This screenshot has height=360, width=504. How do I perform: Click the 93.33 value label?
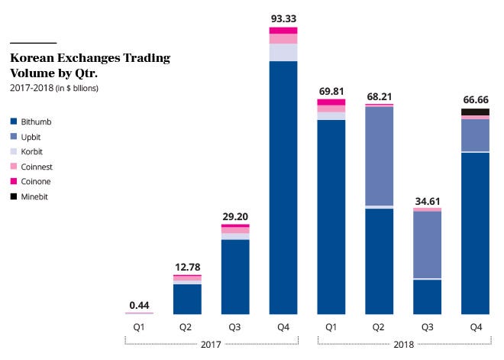click(x=283, y=18)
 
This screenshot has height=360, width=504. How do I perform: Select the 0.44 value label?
click(x=139, y=304)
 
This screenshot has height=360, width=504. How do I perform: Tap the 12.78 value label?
click(x=187, y=266)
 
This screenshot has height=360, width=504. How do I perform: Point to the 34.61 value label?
click(x=427, y=201)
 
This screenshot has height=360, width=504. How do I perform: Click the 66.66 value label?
click(x=475, y=100)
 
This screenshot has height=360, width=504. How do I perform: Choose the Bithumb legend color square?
click(x=15, y=122)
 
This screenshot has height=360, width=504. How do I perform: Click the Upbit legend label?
click(x=35, y=136)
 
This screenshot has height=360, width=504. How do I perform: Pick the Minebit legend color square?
click(x=15, y=196)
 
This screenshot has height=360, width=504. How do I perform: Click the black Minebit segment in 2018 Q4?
click(x=475, y=112)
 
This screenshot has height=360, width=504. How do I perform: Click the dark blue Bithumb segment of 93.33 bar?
click(x=283, y=187)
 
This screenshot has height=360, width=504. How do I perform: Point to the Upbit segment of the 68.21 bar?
click(x=380, y=156)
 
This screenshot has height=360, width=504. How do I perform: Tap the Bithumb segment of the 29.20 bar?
click(x=235, y=277)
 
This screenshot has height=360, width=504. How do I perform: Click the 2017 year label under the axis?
click(x=211, y=345)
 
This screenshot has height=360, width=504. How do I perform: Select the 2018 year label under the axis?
click(x=403, y=345)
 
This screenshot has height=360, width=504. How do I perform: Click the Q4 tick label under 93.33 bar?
click(x=283, y=327)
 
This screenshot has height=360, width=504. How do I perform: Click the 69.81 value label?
click(x=331, y=92)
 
